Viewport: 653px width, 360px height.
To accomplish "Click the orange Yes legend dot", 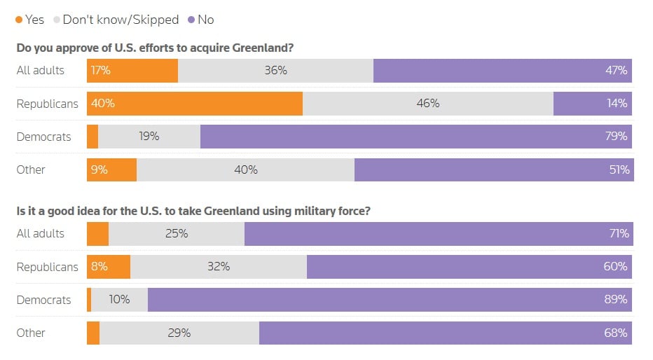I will click(x=19, y=20).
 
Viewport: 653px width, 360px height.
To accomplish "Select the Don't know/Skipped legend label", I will click(x=121, y=20).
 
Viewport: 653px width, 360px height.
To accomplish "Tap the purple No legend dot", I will click(x=192, y=20).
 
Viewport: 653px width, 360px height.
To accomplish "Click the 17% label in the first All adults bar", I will click(x=100, y=71).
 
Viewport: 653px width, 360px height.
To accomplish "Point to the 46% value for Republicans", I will click(x=427, y=104).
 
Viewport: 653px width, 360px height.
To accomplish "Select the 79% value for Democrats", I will click(x=616, y=137).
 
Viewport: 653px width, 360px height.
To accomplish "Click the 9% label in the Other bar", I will click(x=99, y=169).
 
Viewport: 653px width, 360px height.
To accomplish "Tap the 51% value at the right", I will click(x=619, y=169).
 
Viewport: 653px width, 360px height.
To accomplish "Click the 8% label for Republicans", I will click(x=99, y=267).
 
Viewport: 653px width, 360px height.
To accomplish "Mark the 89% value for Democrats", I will click(x=616, y=300).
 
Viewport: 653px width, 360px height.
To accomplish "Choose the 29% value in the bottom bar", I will click(x=179, y=333).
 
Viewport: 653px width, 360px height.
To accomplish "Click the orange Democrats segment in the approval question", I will click(x=92, y=137).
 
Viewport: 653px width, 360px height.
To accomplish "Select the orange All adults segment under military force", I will click(x=97, y=234).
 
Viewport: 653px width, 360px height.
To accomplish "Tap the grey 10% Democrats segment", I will click(x=119, y=300).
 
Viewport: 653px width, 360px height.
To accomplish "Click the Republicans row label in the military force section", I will click(x=47, y=267).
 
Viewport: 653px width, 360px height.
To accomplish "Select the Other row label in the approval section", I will click(x=31, y=169).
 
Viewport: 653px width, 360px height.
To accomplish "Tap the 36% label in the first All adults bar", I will click(x=275, y=71).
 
